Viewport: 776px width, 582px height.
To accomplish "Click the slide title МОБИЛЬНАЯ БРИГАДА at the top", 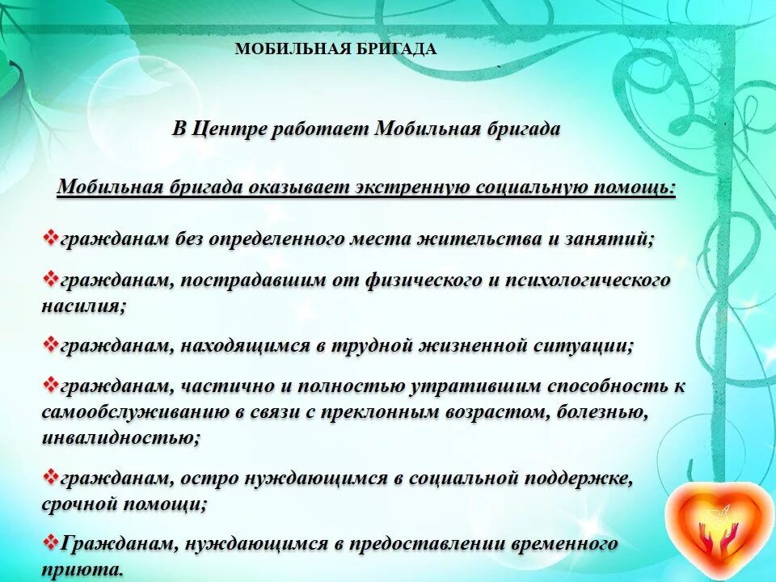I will tap(335, 49).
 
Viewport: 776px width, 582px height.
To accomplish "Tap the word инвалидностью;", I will tap(121, 438).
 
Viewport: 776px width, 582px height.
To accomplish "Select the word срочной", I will tap(77, 504).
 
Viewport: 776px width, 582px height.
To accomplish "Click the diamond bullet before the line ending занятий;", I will tap(50, 238).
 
